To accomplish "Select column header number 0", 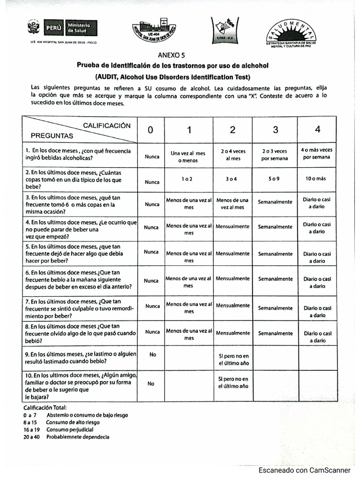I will tap(150, 130).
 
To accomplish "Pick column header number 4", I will tap(317, 130).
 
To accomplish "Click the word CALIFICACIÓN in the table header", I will tap(106, 126).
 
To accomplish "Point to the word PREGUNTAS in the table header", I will tap(52, 136).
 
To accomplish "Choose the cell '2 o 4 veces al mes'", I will tap(232, 155).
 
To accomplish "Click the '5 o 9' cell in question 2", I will tap(275, 179).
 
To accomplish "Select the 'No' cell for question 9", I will tap(152, 355).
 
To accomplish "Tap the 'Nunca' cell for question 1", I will tap(152, 157).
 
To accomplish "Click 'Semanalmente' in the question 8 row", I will tap(275, 333).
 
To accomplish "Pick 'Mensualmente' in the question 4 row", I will tap(232, 226).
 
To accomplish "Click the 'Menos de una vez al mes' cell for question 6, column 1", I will tap(188, 282).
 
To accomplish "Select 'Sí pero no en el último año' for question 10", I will tap(233, 382).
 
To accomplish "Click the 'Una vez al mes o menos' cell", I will tap(188, 157).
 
